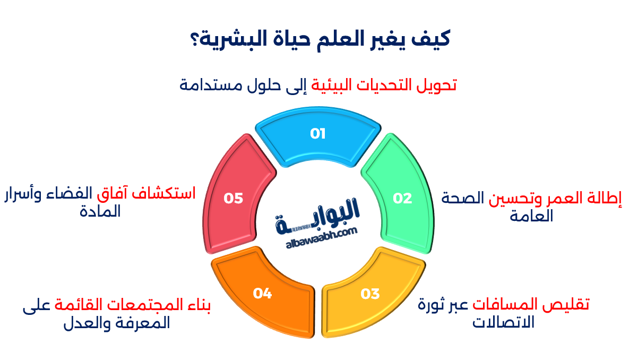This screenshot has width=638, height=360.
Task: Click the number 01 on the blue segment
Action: coord(318,134)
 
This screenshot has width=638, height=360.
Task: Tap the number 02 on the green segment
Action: coord(402,199)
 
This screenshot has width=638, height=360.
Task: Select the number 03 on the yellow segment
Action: coord(370,293)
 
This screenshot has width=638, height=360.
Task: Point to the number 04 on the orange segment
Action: coord(262,293)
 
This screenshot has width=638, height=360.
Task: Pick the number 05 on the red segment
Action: coord(233,199)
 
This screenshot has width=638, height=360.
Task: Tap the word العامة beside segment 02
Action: coord(531,216)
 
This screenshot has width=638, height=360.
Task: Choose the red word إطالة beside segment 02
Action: coord(605,199)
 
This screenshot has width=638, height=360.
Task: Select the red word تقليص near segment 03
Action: coord(570,305)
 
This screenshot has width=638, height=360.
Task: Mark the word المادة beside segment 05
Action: coord(100,211)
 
